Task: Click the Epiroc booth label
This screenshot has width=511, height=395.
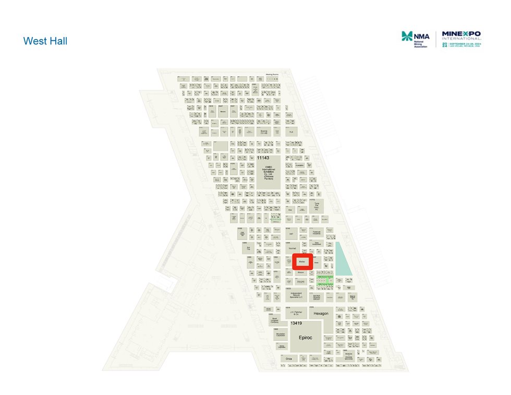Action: pos(305,338)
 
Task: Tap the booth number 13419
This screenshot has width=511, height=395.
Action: pos(296,324)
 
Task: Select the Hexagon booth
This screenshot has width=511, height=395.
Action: pos(321,313)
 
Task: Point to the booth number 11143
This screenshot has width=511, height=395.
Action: pos(263,157)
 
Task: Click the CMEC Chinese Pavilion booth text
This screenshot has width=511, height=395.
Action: pos(269,173)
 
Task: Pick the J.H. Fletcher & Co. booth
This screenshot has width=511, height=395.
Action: pos(295,313)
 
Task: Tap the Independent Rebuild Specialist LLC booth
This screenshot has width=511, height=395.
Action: pos(300,295)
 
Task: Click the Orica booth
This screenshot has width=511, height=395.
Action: pos(289,358)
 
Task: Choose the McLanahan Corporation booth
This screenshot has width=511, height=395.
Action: pos(281,335)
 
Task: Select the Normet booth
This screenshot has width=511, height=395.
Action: pos(293,248)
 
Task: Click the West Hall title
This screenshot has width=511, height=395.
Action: pos(45,41)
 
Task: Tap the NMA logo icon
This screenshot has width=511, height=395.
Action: pos(406,36)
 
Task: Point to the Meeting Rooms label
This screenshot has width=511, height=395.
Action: pos(272,75)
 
